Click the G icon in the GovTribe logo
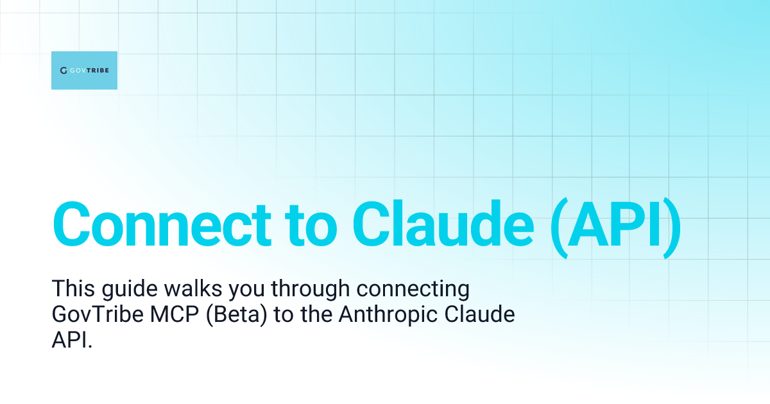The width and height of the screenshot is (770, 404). click(64, 71)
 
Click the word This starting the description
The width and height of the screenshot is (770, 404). click(73, 290)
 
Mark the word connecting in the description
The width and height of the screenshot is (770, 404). click(413, 290)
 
